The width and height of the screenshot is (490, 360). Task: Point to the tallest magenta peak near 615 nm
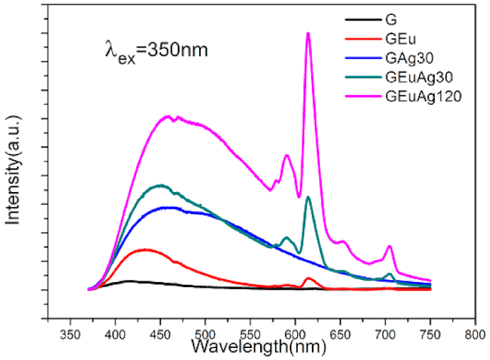[308, 33]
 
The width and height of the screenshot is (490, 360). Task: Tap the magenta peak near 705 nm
[389, 246]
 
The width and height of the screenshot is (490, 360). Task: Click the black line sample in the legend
[360, 21]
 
